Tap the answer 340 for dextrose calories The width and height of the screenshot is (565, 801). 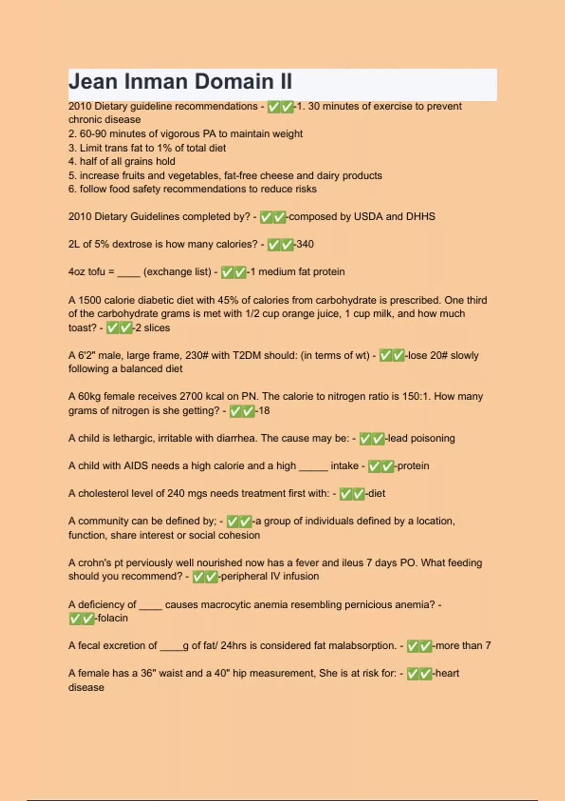[x=305, y=244]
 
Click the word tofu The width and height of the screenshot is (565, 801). [x=97, y=272]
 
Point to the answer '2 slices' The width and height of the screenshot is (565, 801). [x=153, y=327]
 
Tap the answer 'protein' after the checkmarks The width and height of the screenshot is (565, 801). [x=413, y=466]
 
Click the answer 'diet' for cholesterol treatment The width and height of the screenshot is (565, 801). [x=376, y=493]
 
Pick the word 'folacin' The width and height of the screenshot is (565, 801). [x=112, y=618]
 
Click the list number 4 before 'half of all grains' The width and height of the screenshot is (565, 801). [x=72, y=161]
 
